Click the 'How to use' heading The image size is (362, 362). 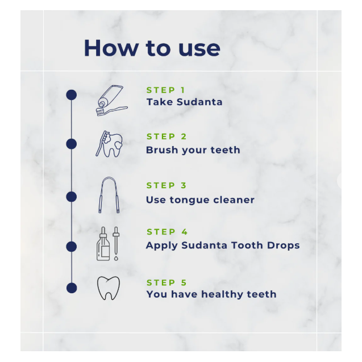(152, 48)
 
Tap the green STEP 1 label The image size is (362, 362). (166, 90)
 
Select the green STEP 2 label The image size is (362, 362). (167, 136)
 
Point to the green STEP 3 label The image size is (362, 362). (166, 185)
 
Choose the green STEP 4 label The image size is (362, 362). (167, 232)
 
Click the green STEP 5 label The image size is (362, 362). (167, 282)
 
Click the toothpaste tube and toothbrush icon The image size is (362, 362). (112, 101)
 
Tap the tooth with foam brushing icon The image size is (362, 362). (109, 144)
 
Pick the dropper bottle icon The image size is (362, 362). (103, 244)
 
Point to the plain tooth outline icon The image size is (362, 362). (109, 288)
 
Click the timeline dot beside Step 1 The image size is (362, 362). (72, 95)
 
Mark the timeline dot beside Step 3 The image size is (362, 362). (72, 197)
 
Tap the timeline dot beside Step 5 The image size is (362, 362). (72, 288)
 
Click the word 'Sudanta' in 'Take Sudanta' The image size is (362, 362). (199, 102)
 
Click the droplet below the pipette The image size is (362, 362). (116, 258)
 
